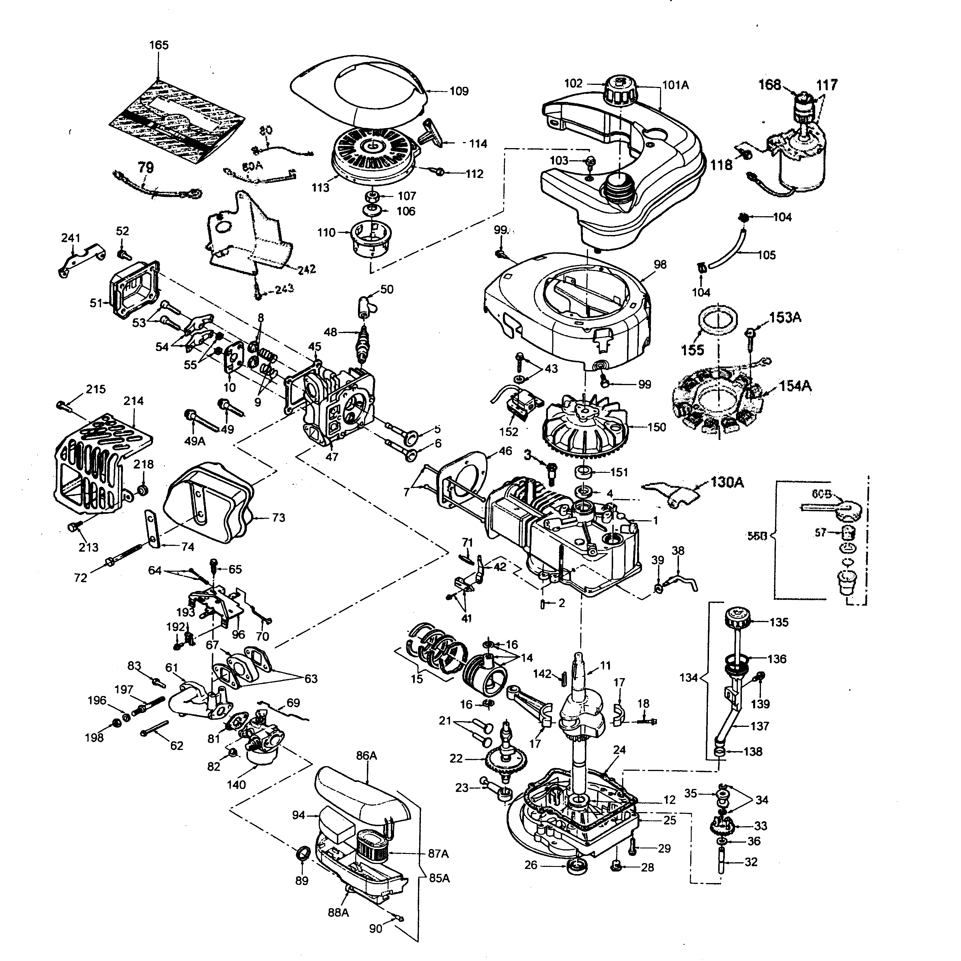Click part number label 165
(x=159, y=45)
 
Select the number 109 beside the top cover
(x=459, y=92)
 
